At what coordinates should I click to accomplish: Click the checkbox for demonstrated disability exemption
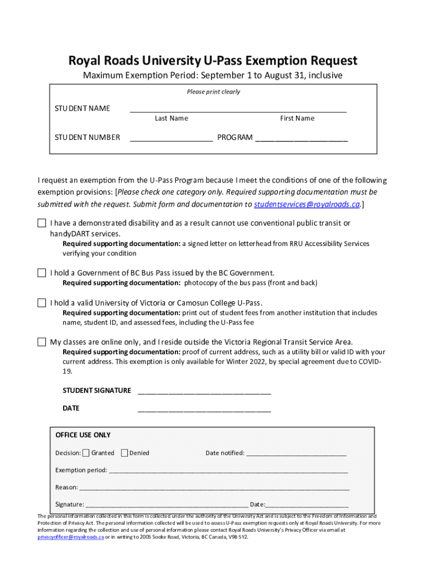pyautogui.click(x=41, y=223)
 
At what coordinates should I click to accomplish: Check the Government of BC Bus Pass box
pyautogui.click(x=41, y=273)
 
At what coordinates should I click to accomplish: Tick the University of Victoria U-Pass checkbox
pyautogui.click(x=41, y=303)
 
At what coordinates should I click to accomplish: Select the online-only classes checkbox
pyautogui.click(x=41, y=342)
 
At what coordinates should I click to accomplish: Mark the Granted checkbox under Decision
pyautogui.click(x=86, y=453)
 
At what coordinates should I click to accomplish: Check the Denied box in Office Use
pyautogui.click(x=124, y=453)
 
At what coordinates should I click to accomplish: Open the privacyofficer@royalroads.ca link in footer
pyautogui.click(x=70, y=537)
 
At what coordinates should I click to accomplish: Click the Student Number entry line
pyautogui.click(x=171, y=140)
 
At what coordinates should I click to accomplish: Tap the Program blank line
pyautogui.click(x=301, y=140)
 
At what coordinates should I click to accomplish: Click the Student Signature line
pyautogui.click(x=204, y=393)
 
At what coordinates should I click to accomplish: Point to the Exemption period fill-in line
pyautogui.click(x=228, y=473)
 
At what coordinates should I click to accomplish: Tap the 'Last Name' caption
pyautogui.click(x=172, y=118)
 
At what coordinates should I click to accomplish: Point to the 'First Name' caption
pyautogui.click(x=297, y=118)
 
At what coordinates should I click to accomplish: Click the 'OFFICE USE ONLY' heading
pyautogui.click(x=83, y=435)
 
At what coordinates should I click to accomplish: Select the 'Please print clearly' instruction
pyautogui.click(x=213, y=92)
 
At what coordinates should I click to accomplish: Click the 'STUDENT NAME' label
pyautogui.click(x=82, y=108)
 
